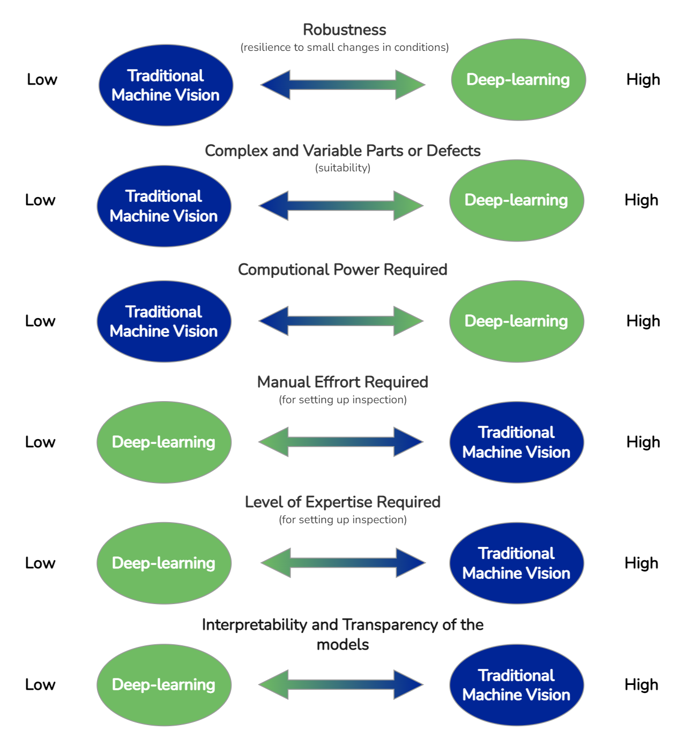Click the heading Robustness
pos(344,29)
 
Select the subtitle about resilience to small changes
pos(344,48)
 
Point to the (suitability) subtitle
pos(342,168)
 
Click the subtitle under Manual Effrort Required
pos(342,400)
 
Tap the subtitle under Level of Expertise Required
pos(342,520)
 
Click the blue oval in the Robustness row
pos(166,86)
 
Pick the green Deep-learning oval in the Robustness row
pos(518,80)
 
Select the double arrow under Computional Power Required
pos(341,321)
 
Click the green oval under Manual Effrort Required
pos(163,442)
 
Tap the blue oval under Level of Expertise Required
pos(516,563)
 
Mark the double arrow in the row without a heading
pos(341,684)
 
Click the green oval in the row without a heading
pos(163,685)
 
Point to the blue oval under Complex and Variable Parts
pos(163,206)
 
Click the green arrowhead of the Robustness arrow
pos(410,85)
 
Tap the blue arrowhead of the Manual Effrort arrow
pos(408,442)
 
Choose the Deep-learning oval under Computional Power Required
pos(516,321)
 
